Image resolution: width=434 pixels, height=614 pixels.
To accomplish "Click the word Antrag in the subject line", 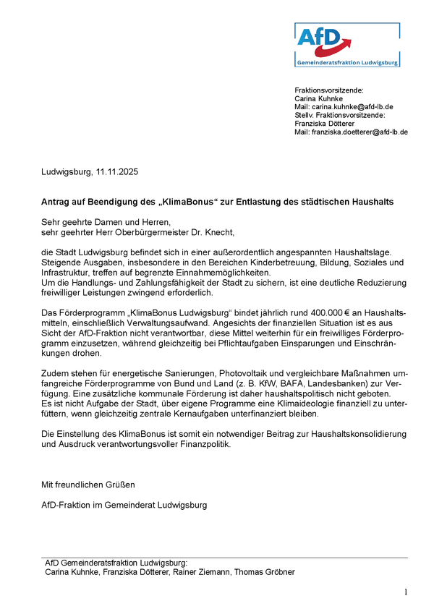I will point(55,202).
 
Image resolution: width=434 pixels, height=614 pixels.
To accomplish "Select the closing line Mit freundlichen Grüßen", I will point(88,484).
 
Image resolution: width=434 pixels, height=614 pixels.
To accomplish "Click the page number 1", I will point(406,593).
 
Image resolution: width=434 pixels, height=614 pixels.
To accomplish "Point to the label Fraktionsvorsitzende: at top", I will point(329,90).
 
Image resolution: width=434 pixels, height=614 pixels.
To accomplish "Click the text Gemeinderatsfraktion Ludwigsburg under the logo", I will point(347,63).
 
